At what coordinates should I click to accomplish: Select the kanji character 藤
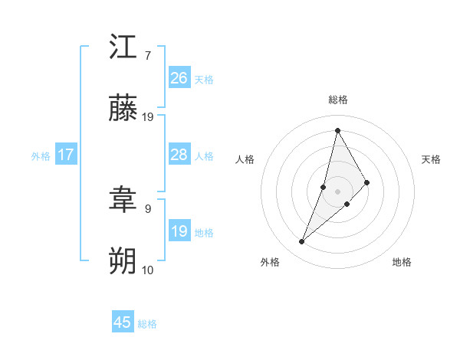click(x=123, y=109)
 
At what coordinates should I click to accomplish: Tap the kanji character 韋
click(x=123, y=201)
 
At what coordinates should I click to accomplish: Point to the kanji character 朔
click(x=123, y=261)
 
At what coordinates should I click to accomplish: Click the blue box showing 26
click(x=179, y=78)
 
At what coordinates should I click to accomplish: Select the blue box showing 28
click(x=179, y=155)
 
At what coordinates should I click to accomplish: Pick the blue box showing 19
click(x=179, y=231)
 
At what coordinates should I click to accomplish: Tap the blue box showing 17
click(x=66, y=155)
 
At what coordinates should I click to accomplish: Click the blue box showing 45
click(x=123, y=322)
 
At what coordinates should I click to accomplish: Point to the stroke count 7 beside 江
click(x=147, y=55)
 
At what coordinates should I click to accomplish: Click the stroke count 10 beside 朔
click(x=148, y=270)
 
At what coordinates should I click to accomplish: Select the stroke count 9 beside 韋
click(x=147, y=208)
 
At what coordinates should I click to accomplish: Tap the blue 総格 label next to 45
click(x=147, y=324)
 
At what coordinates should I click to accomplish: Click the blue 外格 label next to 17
click(x=41, y=156)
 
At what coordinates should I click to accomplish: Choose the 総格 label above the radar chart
click(x=337, y=100)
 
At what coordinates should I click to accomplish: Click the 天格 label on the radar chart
click(x=432, y=159)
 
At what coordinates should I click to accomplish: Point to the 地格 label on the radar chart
click(x=402, y=262)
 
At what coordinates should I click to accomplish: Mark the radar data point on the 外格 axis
click(x=301, y=242)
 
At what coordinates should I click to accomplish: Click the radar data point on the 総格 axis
click(x=337, y=129)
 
